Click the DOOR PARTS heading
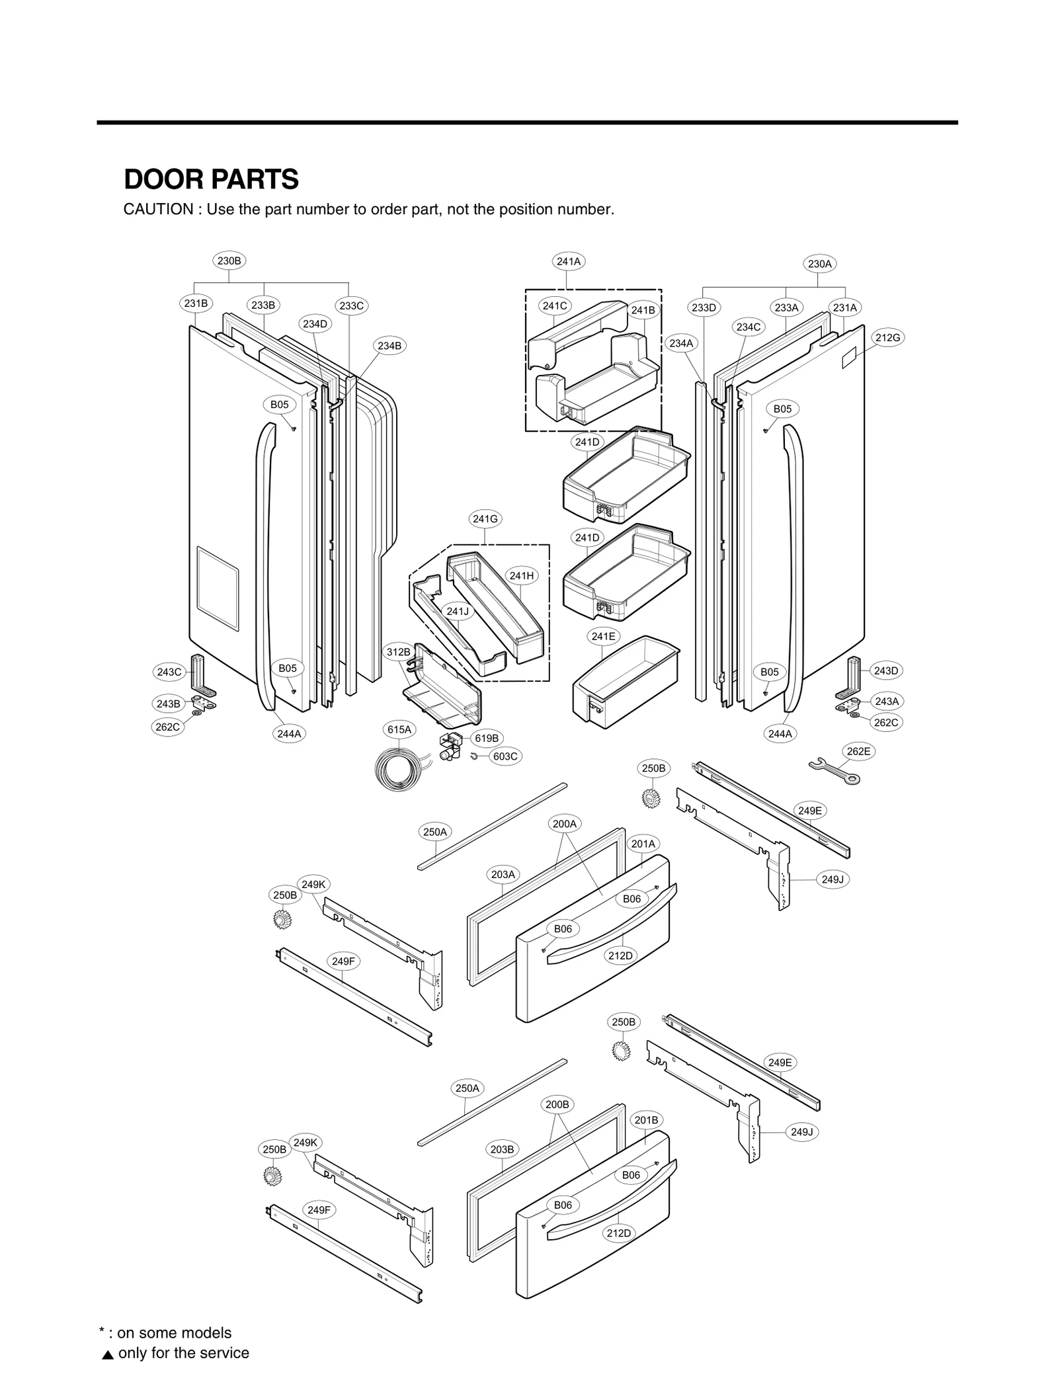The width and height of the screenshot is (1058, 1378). [x=211, y=179]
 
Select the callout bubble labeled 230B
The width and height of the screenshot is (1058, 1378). [x=229, y=261]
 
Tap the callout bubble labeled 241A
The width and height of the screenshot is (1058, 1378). [x=568, y=261]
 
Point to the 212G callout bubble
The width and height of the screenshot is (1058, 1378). [x=887, y=338]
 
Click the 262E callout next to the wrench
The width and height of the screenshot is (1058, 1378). [x=858, y=751]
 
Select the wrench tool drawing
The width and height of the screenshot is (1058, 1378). [x=834, y=771]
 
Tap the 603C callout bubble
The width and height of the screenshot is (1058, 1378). [x=505, y=756]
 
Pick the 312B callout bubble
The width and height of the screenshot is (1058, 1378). [x=399, y=652]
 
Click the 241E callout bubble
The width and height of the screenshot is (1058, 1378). [x=603, y=636]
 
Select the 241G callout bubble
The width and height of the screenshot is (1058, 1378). [x=485, y=519]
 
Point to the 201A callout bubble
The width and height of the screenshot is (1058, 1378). [x=643, y=844]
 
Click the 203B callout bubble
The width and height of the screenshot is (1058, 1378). [x=502, y=1149]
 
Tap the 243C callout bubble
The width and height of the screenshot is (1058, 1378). [x=169, y=672]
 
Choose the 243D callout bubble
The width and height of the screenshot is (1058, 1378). [x=886, y=670]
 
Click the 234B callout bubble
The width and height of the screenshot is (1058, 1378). [x=389, y=346]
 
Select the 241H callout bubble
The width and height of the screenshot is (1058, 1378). [x=522, y=576]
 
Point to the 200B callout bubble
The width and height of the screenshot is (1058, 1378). [x=557, y=1104]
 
